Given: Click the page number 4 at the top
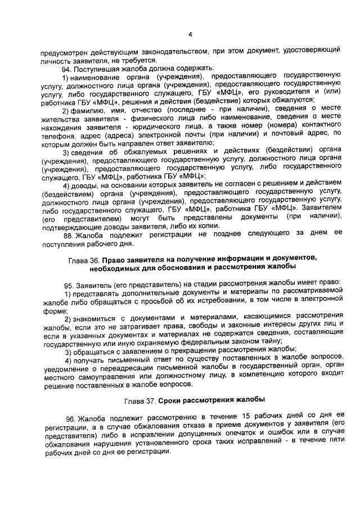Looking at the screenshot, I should click(x=190, y=34).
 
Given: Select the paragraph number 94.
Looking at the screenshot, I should click(x=67, y=68).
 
